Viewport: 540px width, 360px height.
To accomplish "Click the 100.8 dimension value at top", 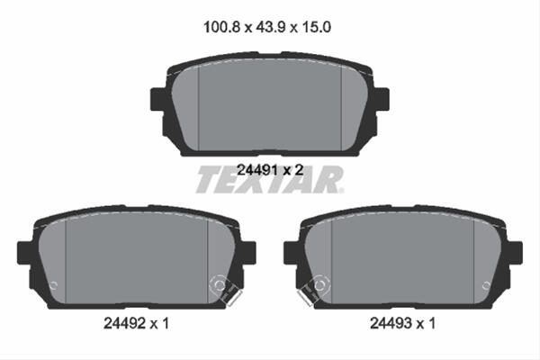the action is tap(221, 27).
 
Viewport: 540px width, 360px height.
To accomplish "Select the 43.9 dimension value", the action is tap(270, 27).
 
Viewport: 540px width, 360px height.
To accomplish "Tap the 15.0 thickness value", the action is tap(317, 27).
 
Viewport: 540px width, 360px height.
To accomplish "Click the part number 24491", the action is tap(257, 170).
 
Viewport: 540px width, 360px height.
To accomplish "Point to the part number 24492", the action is tap(124, 323).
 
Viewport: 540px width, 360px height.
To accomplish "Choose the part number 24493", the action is tap(391, 323).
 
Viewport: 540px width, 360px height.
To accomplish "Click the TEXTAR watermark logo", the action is tap(270, 179).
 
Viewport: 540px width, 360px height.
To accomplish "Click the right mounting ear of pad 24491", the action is tap(382, 99).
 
